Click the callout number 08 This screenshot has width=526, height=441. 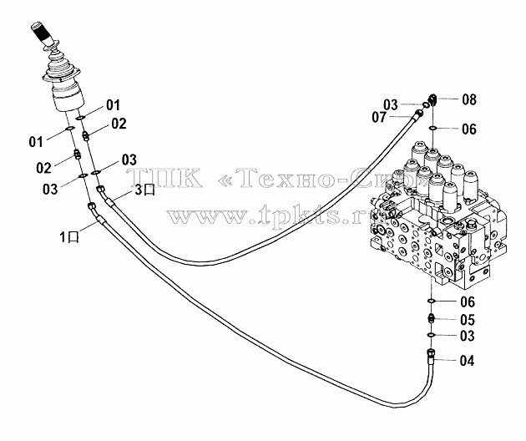469,99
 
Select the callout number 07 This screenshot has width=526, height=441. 379,117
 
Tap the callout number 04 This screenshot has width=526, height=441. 467,361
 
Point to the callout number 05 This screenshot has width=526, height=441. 468,320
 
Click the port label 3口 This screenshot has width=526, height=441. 144,190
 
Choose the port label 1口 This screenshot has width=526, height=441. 69,237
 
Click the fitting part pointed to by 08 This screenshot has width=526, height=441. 432,99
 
